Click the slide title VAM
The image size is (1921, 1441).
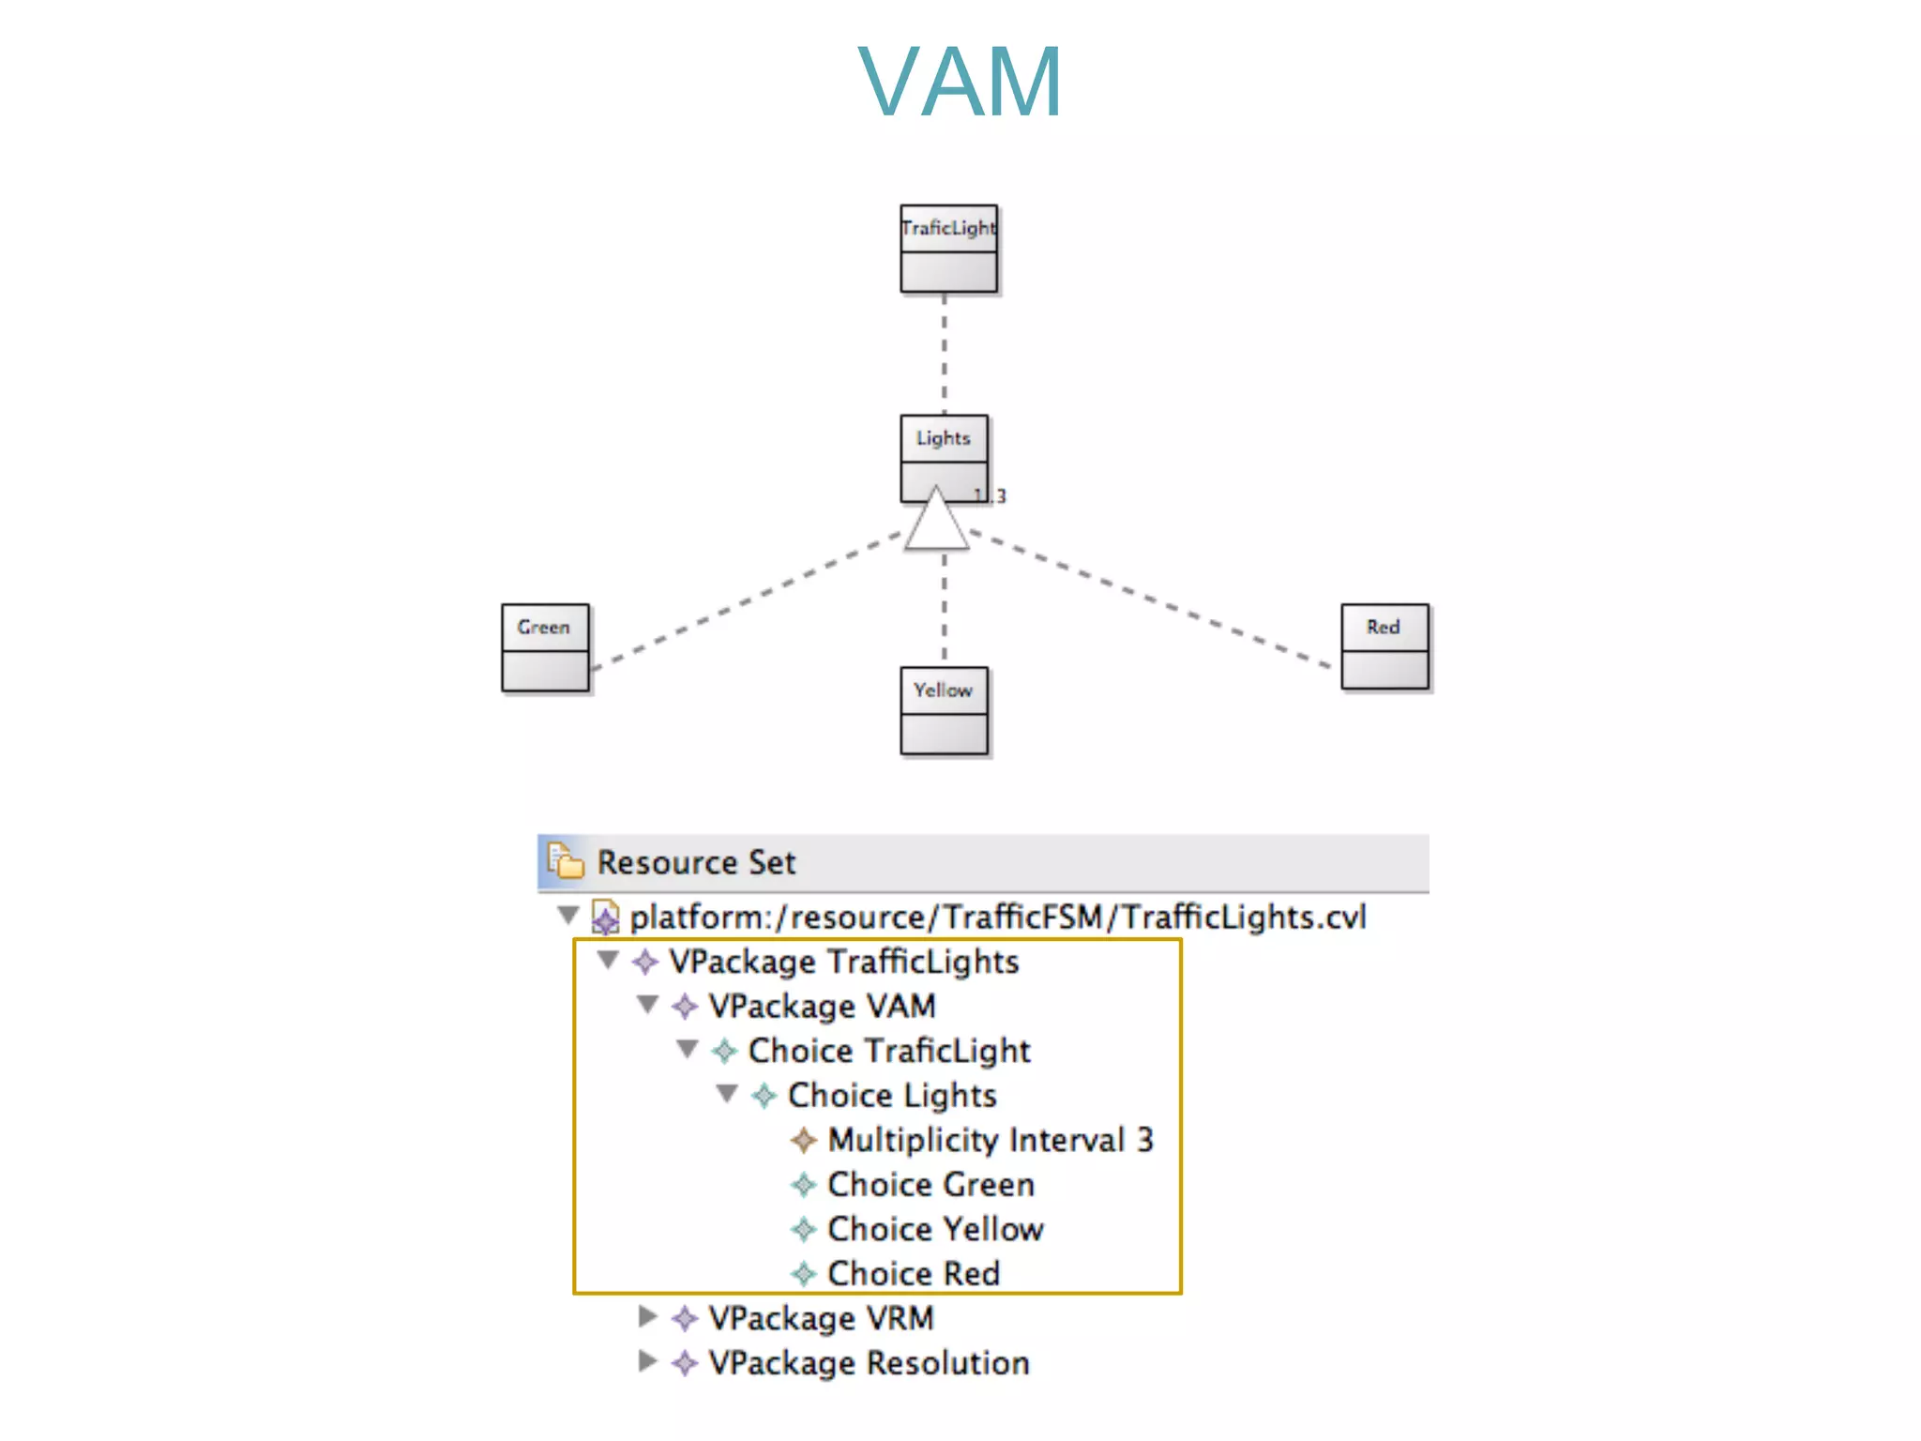960,83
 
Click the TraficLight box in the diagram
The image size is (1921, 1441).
948,249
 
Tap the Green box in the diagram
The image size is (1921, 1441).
545,647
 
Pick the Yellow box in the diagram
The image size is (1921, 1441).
944,710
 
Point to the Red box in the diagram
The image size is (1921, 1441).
1384,646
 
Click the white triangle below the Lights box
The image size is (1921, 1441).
936,523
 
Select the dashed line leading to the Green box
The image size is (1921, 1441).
746,600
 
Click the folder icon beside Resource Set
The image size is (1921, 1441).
566,861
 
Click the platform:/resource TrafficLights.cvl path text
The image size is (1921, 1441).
997,917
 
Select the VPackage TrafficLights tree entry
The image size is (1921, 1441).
843,962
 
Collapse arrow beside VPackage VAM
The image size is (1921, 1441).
647,1005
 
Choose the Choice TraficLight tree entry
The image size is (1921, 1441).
888,1051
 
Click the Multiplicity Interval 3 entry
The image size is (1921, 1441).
990,1140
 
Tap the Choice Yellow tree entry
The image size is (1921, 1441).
934,1229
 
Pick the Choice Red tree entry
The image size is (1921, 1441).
913,1273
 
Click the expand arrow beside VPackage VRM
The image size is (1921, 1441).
647,1317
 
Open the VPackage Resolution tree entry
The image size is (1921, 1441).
868,1362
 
